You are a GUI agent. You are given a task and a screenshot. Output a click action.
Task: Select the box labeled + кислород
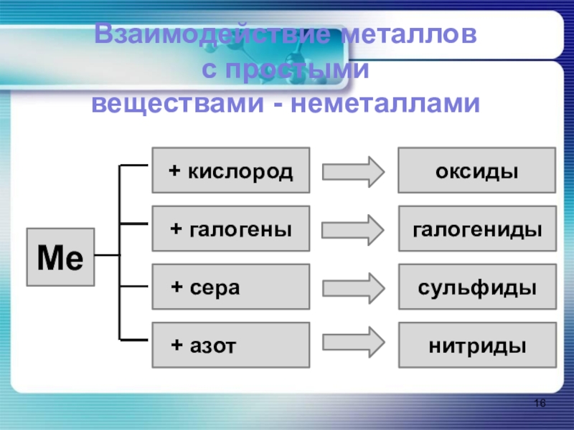(x=230, y=171)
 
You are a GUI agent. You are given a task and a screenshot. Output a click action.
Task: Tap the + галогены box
(x=230, y=229)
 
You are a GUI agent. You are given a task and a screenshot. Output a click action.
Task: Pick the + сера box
(x=230, y=287)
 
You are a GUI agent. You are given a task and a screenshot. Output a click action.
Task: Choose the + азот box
(x=230, y=345)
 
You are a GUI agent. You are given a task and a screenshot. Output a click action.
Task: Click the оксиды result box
(x=476, y=171)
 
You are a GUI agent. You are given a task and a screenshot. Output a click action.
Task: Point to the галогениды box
(x=476, y=229)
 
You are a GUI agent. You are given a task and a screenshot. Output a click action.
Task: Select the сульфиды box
(x=476, y=287)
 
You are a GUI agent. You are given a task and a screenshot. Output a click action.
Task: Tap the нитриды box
(x=476, y=345)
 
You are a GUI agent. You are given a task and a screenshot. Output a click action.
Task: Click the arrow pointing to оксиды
(x=354, y=171)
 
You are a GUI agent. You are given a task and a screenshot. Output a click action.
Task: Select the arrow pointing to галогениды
(x=354, y=230)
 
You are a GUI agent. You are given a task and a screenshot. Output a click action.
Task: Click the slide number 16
(x=540, y=405)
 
